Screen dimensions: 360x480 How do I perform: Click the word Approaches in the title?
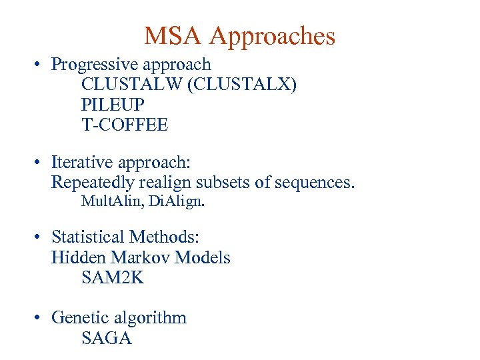tap(272, 37)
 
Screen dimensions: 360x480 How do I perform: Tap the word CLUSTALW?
tap(131, 85)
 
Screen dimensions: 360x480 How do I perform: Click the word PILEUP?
tap(113, 105)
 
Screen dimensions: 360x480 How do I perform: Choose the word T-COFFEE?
tap(125, 125)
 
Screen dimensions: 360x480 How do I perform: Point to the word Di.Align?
tap(177, 201)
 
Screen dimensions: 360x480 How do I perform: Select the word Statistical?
tap(88, 237)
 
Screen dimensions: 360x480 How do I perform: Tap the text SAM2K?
tap(113, 278)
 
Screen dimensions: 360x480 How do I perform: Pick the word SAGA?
tap(107, 338)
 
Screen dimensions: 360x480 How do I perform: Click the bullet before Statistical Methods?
tap(40, 237)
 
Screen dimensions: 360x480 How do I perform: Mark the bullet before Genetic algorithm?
tap(40, 318)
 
